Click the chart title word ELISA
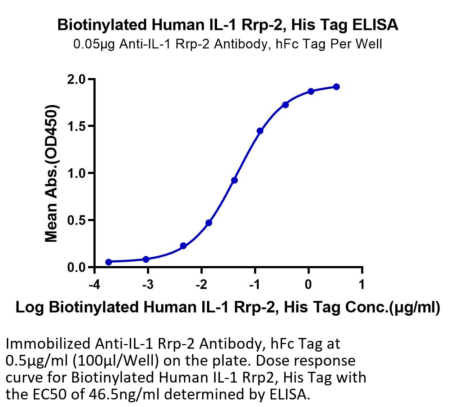click(x=375, y=25)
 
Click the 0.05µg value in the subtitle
click(x=94, y=44)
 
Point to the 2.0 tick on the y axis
click(x=76, y=79)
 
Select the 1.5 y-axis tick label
click(x=76, y=126)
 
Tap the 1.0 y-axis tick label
click(x=76, y=173)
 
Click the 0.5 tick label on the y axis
click(x=76, y=220)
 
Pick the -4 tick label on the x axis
click(x=94, y=285)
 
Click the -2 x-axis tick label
click(x=201, y=285)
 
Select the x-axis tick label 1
click(x=362, y=285)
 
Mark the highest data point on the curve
click(x=336, y=87)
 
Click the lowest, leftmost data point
click(x=109, y=262)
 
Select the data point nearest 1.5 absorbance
click(x=260, y=131)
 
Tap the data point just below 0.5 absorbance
click(x=209, y=223)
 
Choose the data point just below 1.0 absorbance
click(x=234, y=180)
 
